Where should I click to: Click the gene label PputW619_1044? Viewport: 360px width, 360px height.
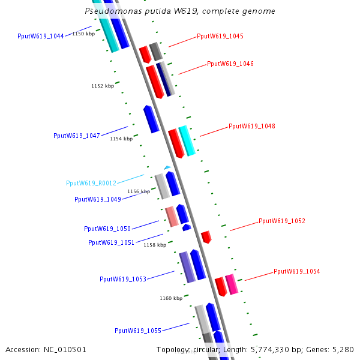[x=41, y=37]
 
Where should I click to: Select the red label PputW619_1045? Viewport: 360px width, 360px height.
[x=220, y=37]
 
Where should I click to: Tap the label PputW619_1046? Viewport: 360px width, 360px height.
[x=230, y=64]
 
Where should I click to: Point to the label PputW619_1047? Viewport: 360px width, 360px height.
[x=77, y=136]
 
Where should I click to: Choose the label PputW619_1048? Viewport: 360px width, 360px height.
[x=252, y=127]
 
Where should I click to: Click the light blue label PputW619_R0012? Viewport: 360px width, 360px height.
[x=91, y=184]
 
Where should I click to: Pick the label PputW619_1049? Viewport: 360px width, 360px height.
[x=98, y=199]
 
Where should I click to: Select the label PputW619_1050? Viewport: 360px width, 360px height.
[x=107, y=229]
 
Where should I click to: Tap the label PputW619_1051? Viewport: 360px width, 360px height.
[x=112, y=243]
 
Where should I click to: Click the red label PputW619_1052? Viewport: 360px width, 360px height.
[x=282, y=221]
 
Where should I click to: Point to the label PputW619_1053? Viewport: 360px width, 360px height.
[x=123, y=280]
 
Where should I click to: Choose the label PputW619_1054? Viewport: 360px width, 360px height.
[x=297, y=272]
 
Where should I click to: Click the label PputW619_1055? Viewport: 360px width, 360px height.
[x=138, y=331]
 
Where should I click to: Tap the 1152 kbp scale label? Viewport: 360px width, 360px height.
[x=103, y=86]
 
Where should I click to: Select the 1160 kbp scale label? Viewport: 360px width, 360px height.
[x=171, y=298]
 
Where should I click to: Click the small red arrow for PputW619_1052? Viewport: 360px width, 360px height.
[x=206, y=236]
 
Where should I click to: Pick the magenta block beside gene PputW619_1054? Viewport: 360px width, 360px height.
[x=232, y=284]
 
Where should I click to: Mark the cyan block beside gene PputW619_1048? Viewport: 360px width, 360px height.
[x=187, y=141]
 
